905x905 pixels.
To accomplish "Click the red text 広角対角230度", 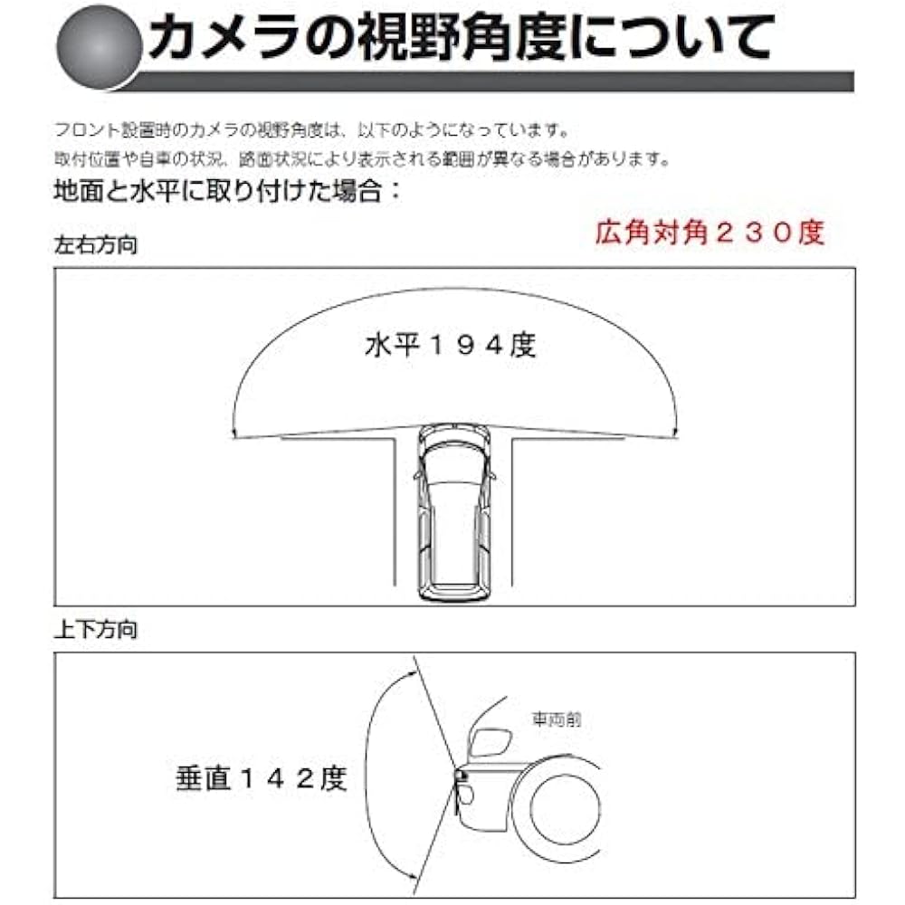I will [x=710, y=233].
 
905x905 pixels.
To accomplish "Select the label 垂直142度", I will [x=261, y=778].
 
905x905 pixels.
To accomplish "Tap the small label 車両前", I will [x=556, y=720].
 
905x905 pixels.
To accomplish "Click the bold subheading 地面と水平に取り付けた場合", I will [x=226, y=192].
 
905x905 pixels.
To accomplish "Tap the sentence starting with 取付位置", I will [x=362, y=159].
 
